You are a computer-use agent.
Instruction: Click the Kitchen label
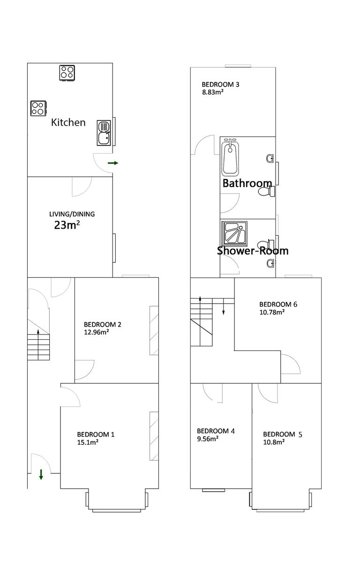click(x=68, y=122)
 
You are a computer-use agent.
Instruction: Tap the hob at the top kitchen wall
click(x=67, y=72)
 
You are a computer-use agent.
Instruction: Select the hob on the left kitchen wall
click(x=38, y=108)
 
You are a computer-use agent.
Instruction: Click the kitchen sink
click(x=104, y=133)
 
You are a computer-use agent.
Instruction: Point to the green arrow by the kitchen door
click(x=113, y=163)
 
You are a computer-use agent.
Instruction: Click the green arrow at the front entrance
click(x=41, y=474)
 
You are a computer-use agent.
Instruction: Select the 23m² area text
click(x=67, y=225)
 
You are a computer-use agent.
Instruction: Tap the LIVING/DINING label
click(x=72, y=214)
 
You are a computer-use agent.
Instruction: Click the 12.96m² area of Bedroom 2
click(x=96, y=332)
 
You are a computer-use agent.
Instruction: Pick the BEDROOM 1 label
click(x=96, y=434)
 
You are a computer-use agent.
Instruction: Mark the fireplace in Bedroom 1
click(x=154, y=436)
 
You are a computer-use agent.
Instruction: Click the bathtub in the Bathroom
click(x=230, y=157)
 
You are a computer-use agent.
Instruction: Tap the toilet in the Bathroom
click(x=266, y=192)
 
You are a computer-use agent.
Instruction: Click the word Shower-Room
click(x=253, y=251)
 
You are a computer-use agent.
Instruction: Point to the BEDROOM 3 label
click(x=220, y=84)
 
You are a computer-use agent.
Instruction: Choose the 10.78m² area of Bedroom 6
click(x=271, y=312)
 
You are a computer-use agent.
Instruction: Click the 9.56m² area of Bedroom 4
click(x=208, y=439)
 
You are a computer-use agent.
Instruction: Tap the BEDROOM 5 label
click(x=282, y=434)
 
